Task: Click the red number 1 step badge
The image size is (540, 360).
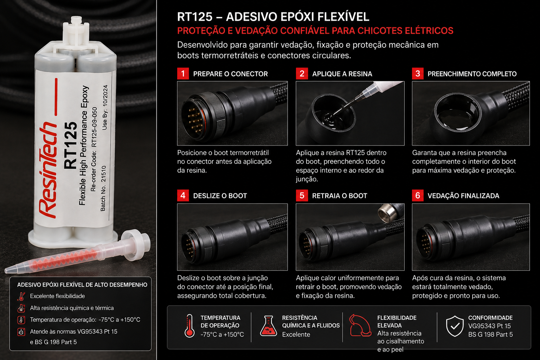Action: [x=183, y=73]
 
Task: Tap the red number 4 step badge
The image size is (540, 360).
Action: [x=183, y=195]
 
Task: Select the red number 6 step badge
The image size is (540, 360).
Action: [x=418, y=195]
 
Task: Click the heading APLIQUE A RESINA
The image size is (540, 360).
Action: [x=342, y=74]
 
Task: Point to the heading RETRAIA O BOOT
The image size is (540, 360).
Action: [x=339, y=195]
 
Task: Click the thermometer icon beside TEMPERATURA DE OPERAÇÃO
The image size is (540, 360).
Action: [x=189, y=326]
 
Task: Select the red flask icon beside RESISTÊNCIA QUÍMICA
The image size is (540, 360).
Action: [x=269, y=326]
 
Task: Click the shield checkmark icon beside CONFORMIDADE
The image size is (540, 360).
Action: [x=455, y=326]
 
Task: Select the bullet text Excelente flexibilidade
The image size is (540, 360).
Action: [x=57, y=296]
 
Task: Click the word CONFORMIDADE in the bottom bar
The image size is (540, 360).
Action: [x=490, y=318]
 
